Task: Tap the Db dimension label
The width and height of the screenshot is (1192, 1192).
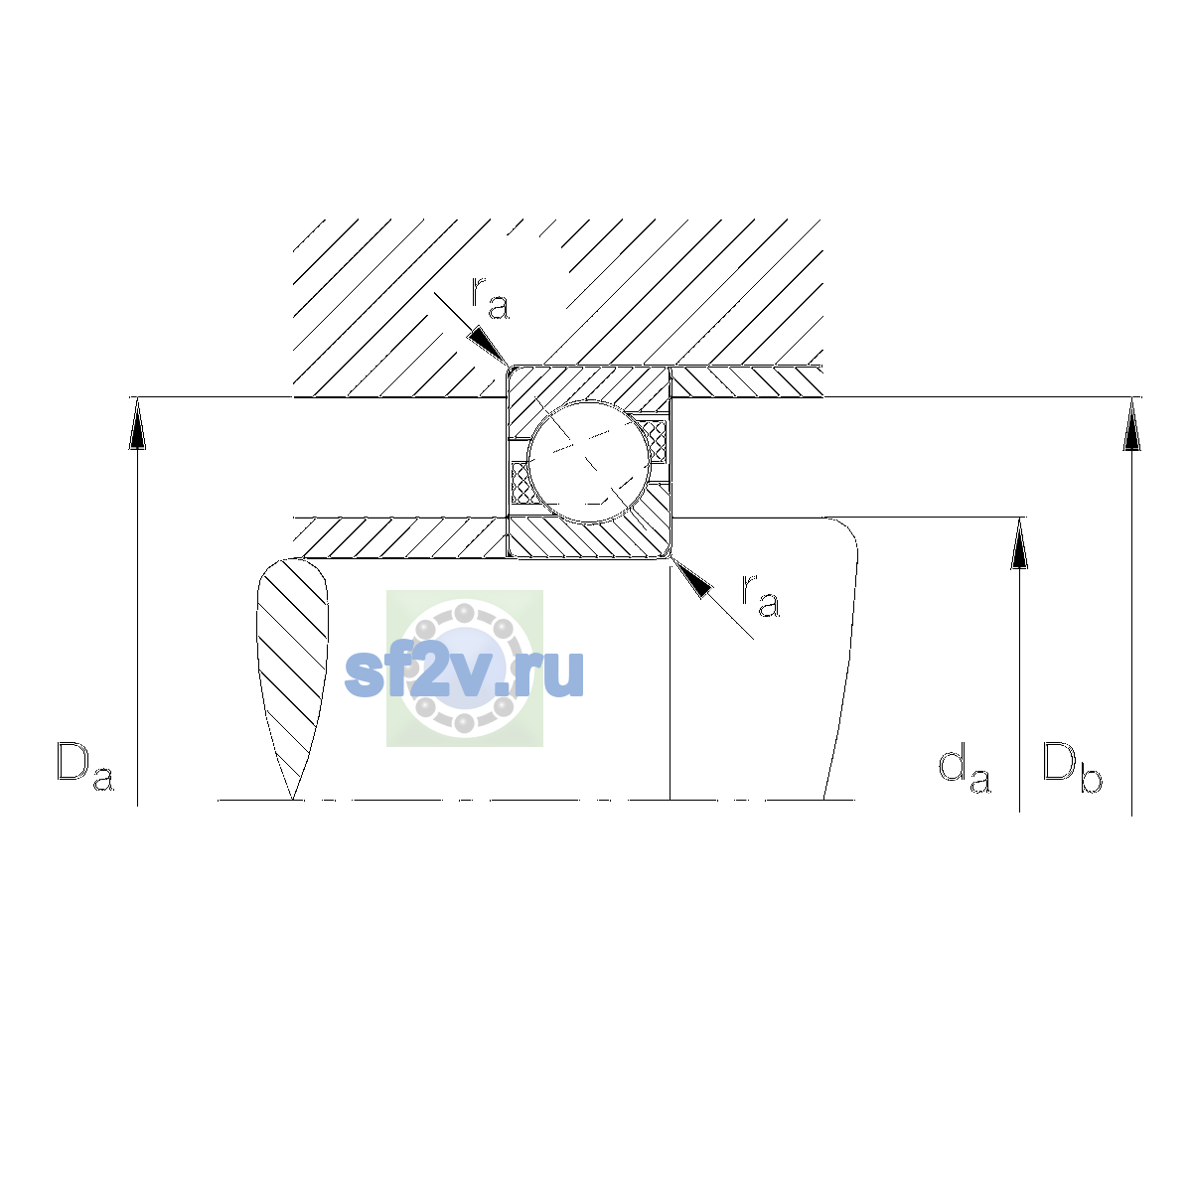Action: point(1072,767)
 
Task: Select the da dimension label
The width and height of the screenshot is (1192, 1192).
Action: point(965,769)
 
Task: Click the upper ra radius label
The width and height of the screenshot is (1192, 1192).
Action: point(490,298)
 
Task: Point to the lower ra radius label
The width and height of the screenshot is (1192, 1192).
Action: point(760,595)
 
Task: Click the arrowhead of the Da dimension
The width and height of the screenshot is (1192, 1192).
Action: point(137,424)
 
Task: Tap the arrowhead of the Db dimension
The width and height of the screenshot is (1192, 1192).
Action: point(1131,424)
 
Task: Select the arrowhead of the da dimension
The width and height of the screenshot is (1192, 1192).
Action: point(1019,543)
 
